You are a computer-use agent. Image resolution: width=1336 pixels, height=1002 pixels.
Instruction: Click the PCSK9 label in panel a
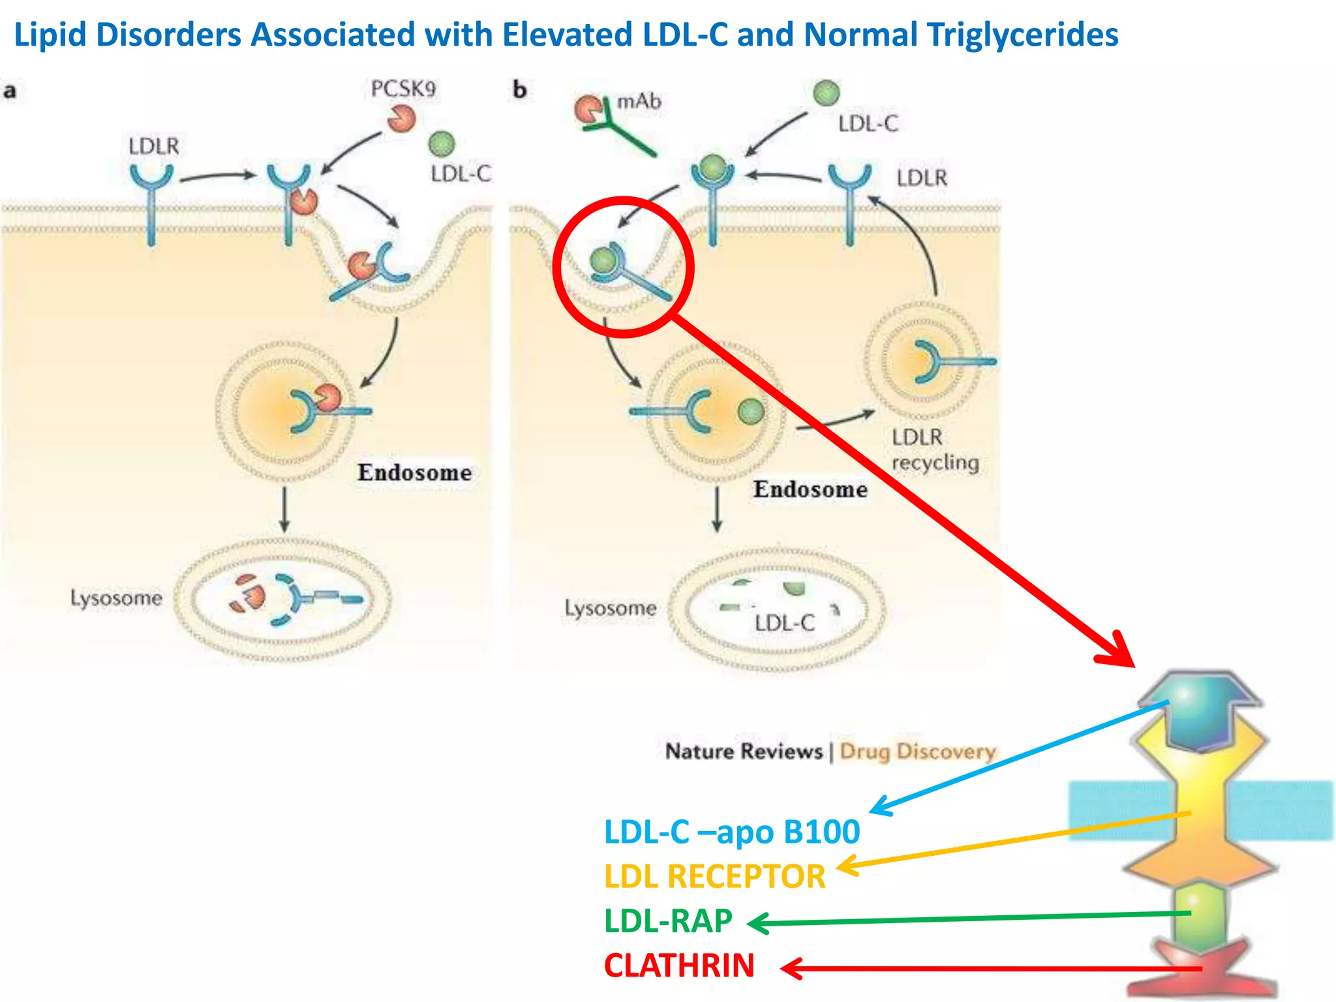[403, 89]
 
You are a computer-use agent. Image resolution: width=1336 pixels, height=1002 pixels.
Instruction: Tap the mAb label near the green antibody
[639, 101]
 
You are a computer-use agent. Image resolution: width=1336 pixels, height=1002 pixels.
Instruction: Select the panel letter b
[519, 89]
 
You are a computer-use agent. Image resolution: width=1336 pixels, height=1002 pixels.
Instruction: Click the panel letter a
[10, 90]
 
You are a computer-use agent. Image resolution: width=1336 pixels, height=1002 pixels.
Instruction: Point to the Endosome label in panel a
[414, 472]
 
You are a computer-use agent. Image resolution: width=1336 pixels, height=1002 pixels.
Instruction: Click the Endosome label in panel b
[810, 489]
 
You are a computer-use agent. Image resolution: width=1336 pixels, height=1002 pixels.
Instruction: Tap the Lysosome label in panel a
[116, 598]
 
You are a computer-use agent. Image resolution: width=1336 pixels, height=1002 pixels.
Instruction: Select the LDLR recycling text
[934, 449]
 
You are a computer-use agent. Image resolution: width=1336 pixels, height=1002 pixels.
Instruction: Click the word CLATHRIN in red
[679, 965]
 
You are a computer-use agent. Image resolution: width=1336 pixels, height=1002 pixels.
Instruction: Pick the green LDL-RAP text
[668, 921]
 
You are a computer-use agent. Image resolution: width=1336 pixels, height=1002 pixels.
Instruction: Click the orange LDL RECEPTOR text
[714, 876]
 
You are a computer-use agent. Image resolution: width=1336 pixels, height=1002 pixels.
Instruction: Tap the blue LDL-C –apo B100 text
[732, 832]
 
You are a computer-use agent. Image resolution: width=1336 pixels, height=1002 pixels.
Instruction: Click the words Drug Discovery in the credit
[917, 751]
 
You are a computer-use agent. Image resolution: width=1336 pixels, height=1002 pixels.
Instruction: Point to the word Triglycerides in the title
[1022, 35]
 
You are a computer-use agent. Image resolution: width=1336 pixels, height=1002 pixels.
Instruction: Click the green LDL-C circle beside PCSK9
[442, 144]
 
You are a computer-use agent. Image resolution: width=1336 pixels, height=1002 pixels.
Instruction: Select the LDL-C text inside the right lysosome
[784, 622]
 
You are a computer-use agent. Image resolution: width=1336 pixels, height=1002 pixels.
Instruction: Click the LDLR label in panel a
[153, 146]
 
